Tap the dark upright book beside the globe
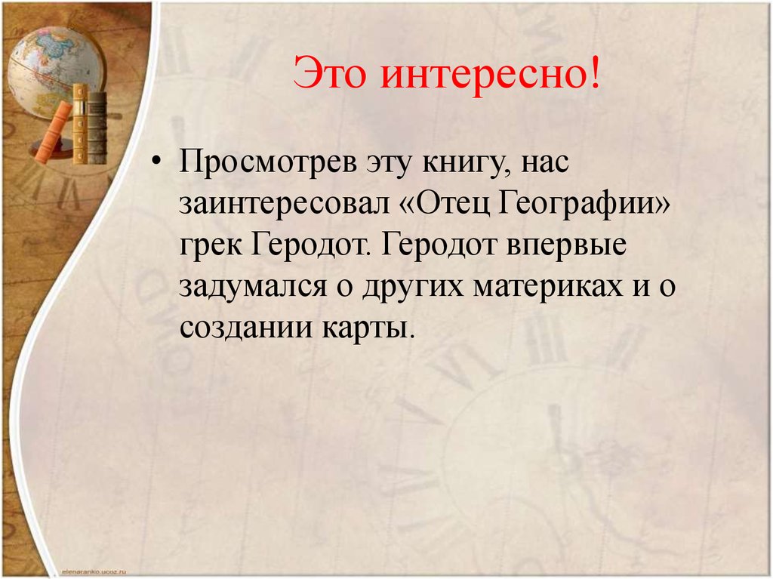tap(97, 125)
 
